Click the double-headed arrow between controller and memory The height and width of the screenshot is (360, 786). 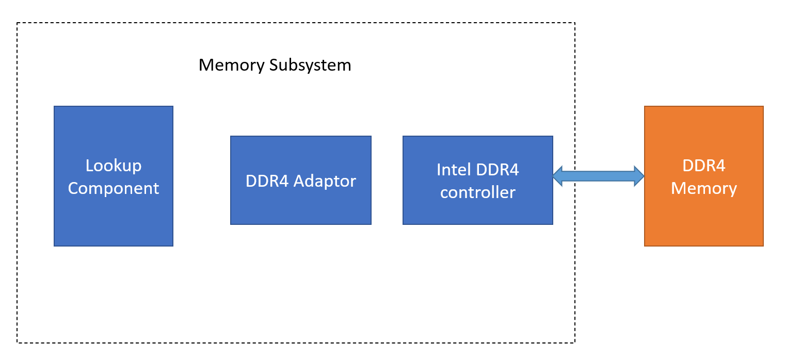[598, 176]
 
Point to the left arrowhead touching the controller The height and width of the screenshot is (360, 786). [558, 176]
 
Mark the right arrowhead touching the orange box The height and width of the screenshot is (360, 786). [639, 176]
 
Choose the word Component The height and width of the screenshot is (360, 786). [114, 188]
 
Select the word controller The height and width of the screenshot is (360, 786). [477, 192]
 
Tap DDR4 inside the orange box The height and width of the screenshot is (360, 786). [703, 166]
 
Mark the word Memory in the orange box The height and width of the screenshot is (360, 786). [703, 188]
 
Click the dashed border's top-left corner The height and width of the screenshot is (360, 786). [18, 23]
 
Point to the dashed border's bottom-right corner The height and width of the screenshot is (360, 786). [574, 342]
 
